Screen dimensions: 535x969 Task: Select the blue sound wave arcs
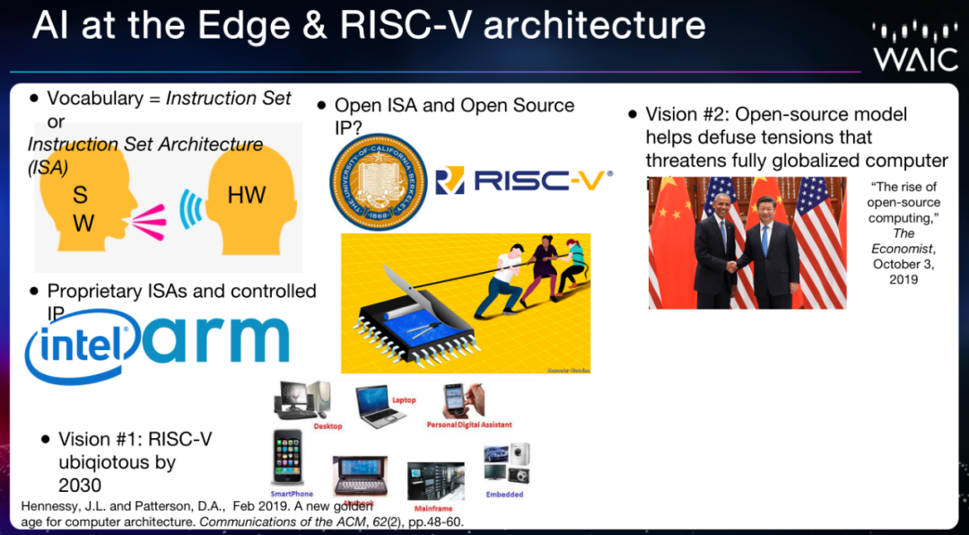click(188, 207)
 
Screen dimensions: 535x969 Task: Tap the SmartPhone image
click(288, 459)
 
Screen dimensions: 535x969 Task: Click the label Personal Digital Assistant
click(469, 425)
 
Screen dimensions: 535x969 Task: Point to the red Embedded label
click(504, 494)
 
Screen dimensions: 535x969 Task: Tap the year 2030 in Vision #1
click(80, 486)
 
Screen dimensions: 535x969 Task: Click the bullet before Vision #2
click(634, 115)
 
